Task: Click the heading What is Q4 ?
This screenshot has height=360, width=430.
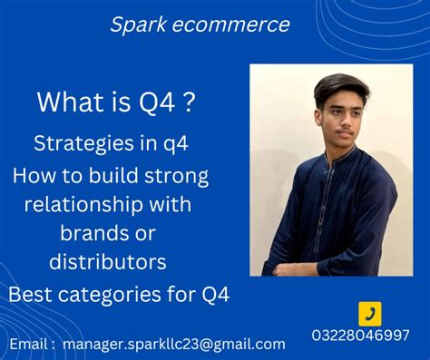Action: pyautogui.click(x=115, y=102)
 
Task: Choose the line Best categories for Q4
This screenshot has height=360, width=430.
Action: pyautogui.click(x=119, y=294)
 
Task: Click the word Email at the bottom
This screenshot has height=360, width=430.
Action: pyautogui.click(x=31, y=344)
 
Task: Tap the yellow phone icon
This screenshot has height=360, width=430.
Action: pyautogui.click(x=370, y=314)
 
